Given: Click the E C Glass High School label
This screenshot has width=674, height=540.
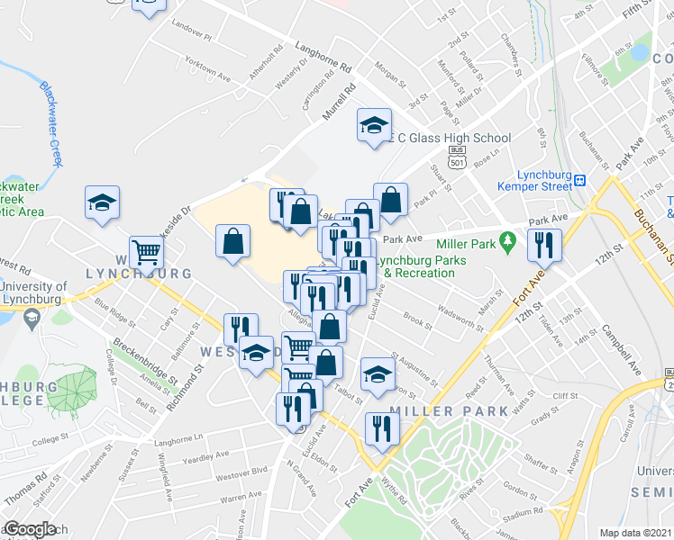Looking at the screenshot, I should pyautogui.click(x=451, y=138).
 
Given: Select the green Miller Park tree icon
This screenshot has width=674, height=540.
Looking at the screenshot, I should pyautogui.click(x=508, y=240).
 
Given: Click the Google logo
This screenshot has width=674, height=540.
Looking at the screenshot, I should pyautogui.click(x=30, y=530).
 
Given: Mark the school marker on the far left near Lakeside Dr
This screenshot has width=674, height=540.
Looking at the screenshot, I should pyautogui.click(x=102, y=202).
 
